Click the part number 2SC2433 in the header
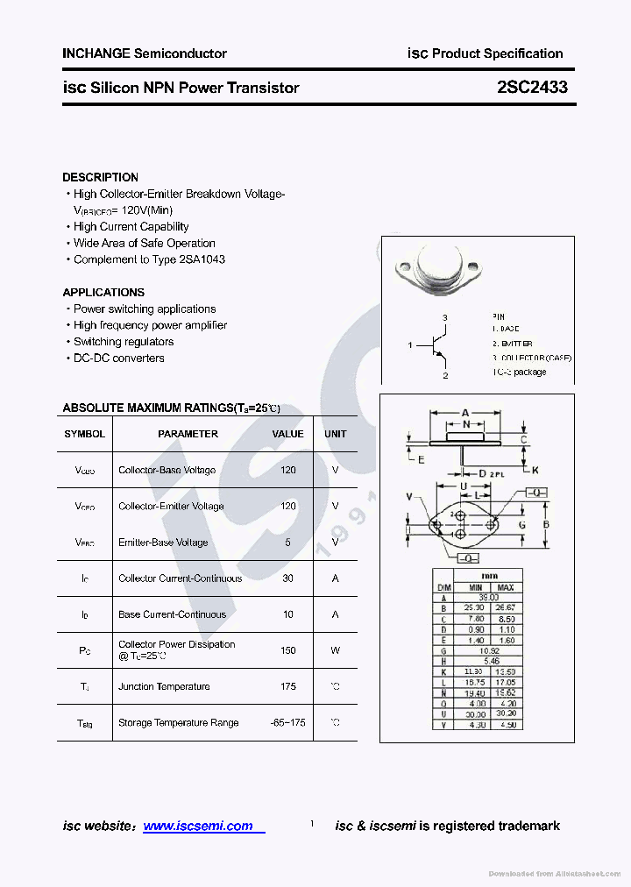532,88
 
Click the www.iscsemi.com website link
198,826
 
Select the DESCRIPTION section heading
100,177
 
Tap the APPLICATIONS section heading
103,292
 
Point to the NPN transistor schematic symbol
439,345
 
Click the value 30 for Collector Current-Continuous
288,578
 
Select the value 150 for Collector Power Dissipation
288,650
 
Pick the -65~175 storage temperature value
288,722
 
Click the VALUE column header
288,434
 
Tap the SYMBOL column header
84,434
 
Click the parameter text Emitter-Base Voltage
163,543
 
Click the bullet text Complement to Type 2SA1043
149,259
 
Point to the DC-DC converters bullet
118,358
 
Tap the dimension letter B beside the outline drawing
546,525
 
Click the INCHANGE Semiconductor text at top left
145,53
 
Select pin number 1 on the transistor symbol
410,345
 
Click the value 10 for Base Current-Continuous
288,614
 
